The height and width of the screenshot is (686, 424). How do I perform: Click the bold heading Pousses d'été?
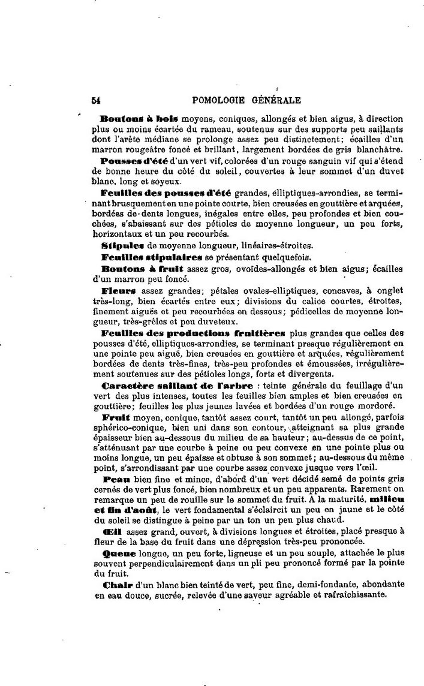[136, 162]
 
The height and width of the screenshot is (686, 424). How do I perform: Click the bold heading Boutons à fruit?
[142, 268]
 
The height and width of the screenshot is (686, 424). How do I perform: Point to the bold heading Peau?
[113, 480]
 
